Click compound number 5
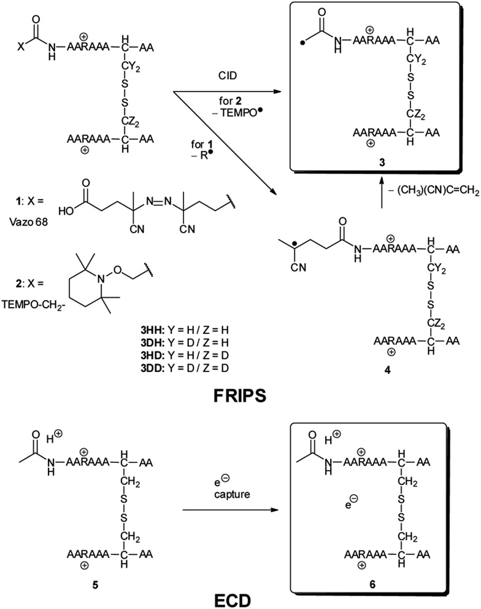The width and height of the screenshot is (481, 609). point(104,575)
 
